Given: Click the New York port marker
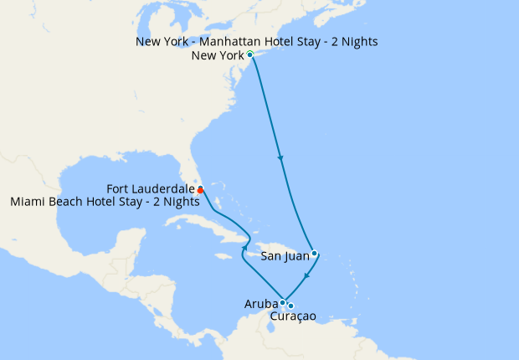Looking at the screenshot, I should (250, 54).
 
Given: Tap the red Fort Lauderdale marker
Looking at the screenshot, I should (201, 189).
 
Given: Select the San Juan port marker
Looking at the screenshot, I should (314, 253).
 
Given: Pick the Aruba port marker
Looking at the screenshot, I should (283, 302).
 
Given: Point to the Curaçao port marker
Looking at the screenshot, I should (290, 306).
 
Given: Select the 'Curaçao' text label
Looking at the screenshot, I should (295, 317).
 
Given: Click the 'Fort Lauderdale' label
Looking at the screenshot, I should (151, 189).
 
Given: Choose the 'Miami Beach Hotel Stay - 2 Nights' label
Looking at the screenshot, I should (105, 202).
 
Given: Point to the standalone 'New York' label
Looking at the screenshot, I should (218, 56).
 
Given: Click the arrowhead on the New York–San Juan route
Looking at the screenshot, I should (280, 158).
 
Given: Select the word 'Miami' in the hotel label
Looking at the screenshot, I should (28, 202).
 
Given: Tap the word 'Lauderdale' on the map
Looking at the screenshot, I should (165, 189).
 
